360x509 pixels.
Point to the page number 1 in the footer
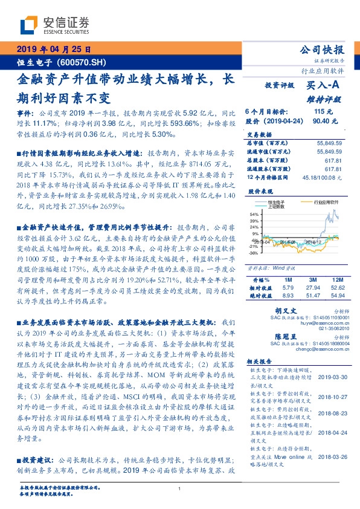179,489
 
